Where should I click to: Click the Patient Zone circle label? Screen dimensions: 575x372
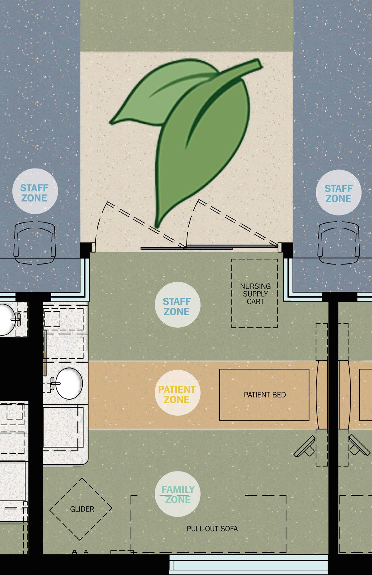pos(177,394)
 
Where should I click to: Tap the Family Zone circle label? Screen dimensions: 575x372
pos(178,494)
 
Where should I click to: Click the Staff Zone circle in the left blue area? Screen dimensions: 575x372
pos(34,193)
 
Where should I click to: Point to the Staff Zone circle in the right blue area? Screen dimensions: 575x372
pos(338,193)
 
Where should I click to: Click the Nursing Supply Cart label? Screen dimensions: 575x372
pos(255,294)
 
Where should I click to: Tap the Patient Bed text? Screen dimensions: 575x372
pos(265,395)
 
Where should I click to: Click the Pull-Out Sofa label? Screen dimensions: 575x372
pos(212,529)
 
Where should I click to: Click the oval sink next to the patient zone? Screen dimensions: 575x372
pos(69,383)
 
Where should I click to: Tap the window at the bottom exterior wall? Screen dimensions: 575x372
pos(248,566)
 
